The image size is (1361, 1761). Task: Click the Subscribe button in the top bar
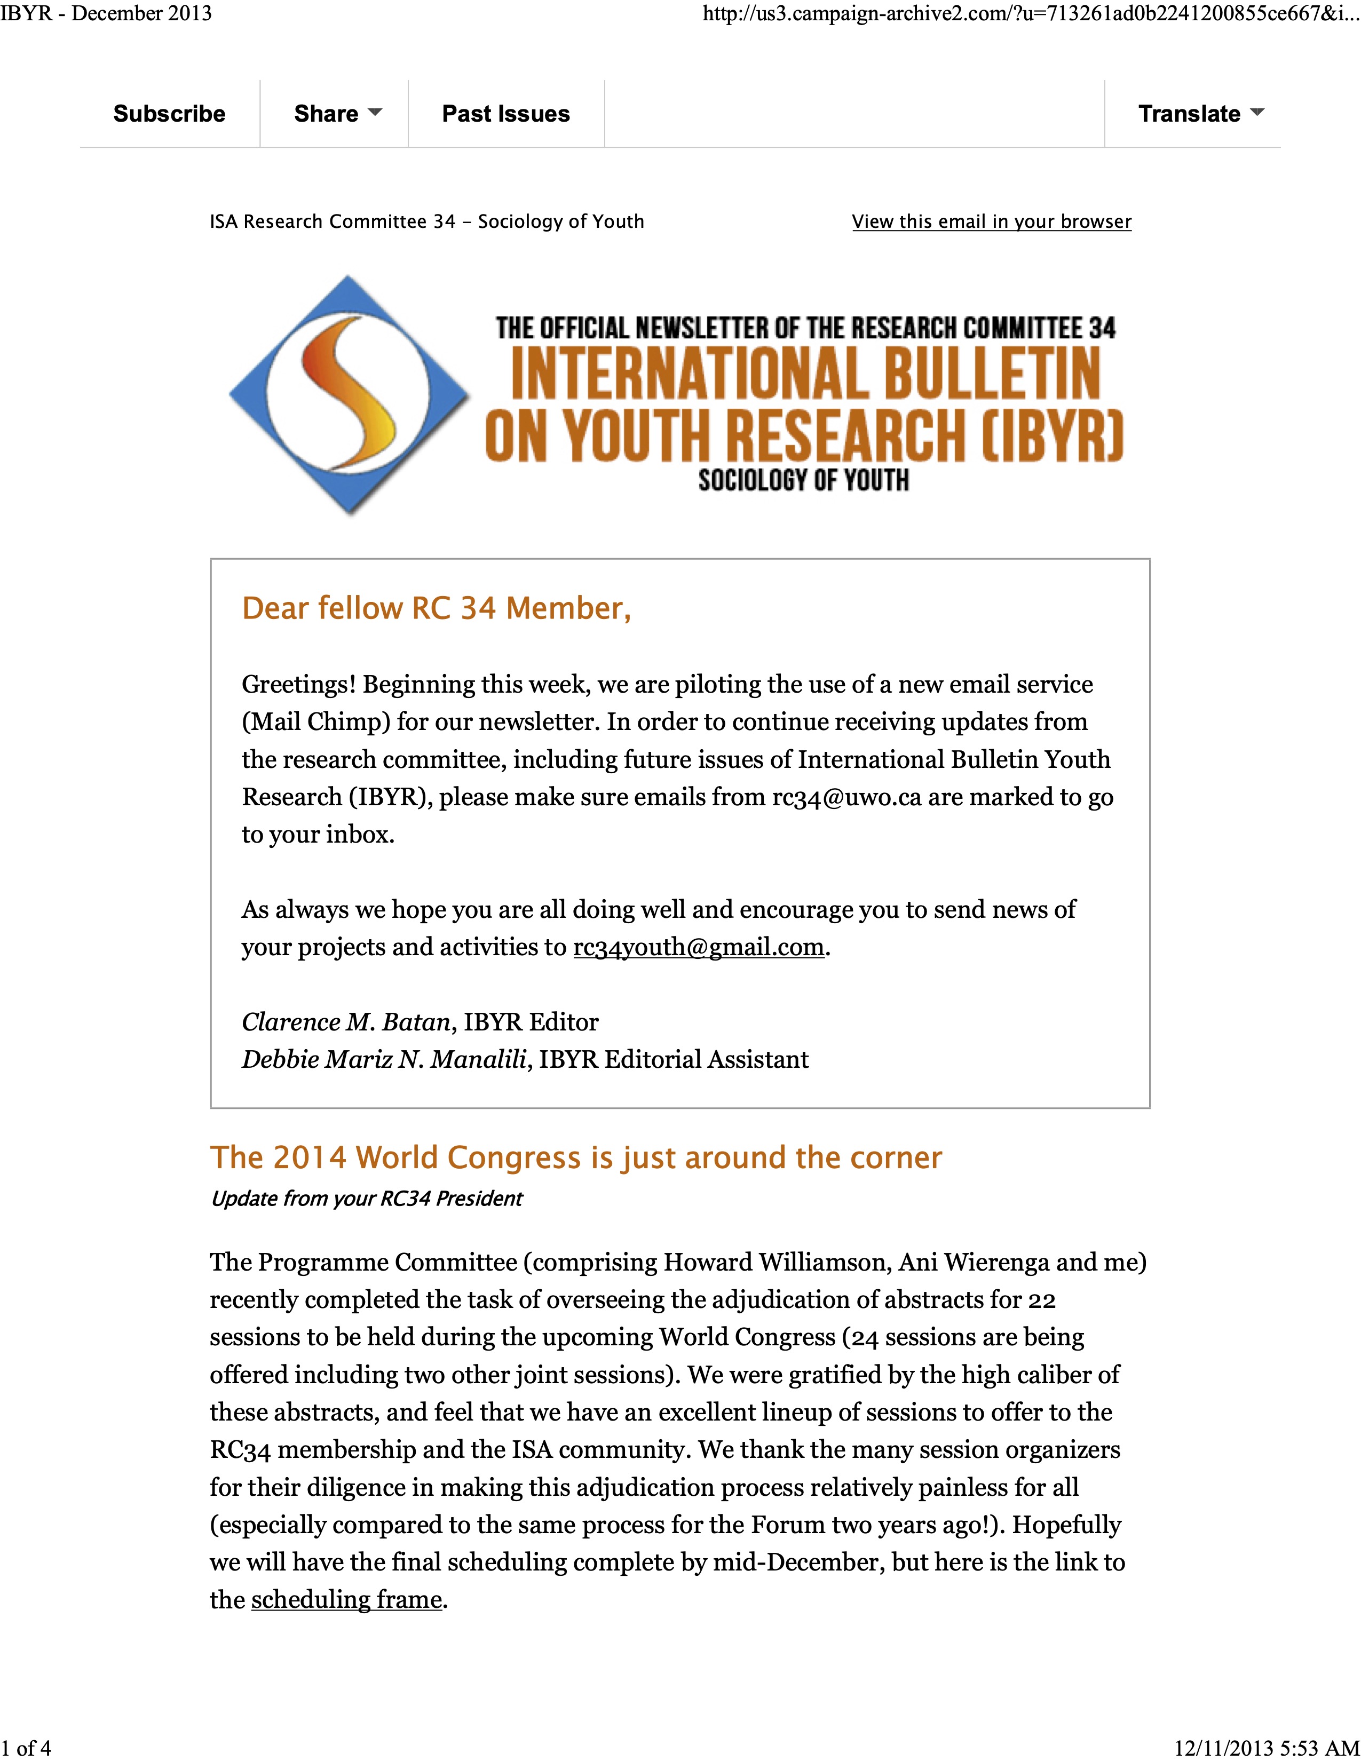[169, 114]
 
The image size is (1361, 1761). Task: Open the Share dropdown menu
[337, 114]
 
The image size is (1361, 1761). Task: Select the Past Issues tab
[505, 114]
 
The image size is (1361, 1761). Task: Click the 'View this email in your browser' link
[991, 222]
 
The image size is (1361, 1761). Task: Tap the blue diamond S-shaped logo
[349, 394]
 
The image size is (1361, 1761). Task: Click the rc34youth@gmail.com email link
[698, 947]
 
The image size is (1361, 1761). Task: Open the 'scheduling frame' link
[347, 1600]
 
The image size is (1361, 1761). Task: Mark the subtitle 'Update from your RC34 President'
[366, 1199]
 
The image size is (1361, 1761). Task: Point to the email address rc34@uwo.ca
[846, 797]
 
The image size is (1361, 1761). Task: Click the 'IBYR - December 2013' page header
[106, 14]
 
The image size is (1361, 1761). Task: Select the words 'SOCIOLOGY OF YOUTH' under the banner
[804, 481]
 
